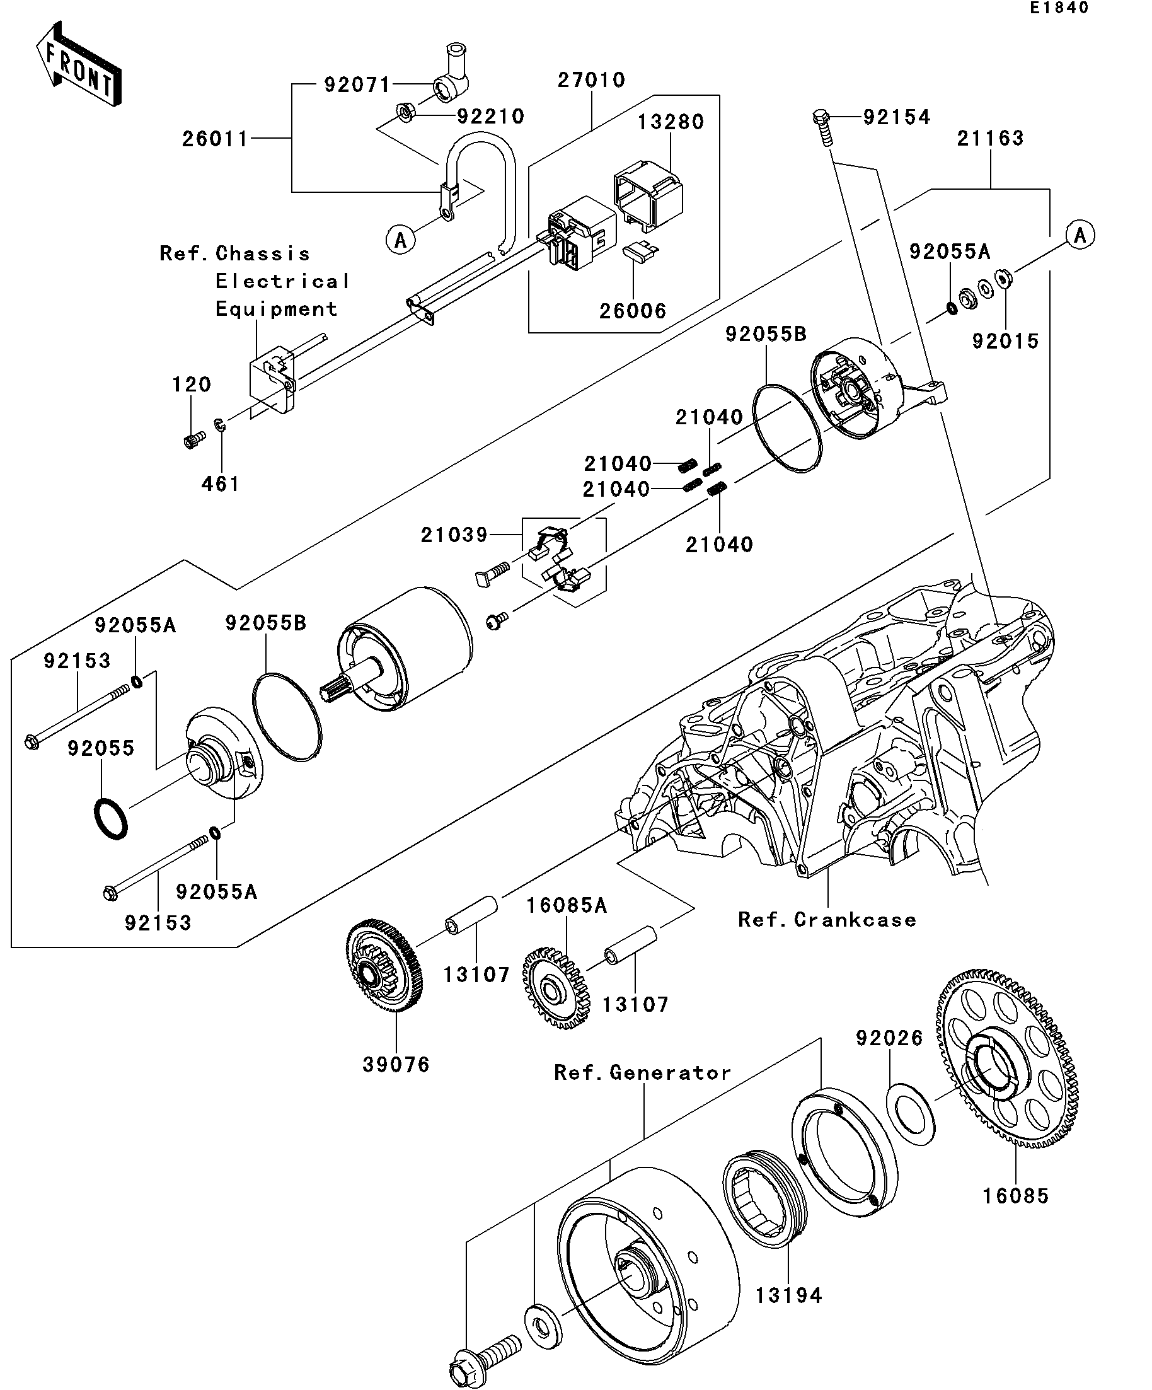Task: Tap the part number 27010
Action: (x=591, y=80)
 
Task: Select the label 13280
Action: (x=671, y=122)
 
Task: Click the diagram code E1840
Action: (x=1059, y=8)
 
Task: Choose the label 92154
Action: (x=897, y=117)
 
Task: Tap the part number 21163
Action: (x=990, y=138)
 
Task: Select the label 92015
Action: (x=1005, y=341)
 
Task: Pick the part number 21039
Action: (x=454, y=534)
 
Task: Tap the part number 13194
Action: (x=789, y=1295)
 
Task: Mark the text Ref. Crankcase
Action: (x=827, y=919)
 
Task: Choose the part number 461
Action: (x=221, y=484)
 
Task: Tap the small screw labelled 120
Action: (x=194, y=438)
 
